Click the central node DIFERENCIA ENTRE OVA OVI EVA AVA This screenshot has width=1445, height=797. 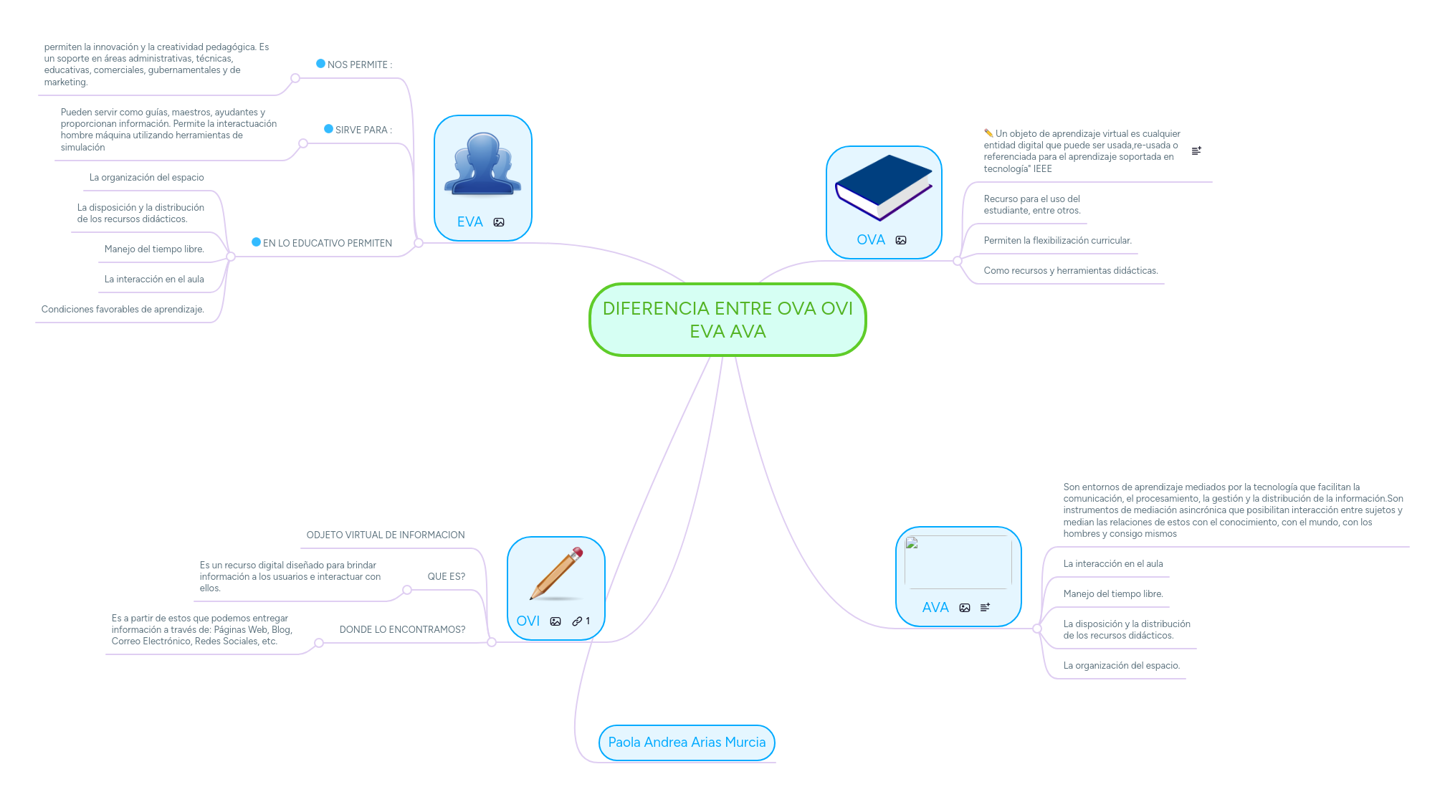[728, 320]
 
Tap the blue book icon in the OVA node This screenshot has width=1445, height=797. [883, 187]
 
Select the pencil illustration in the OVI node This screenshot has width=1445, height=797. [556, 573]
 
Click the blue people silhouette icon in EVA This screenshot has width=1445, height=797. [482, 164]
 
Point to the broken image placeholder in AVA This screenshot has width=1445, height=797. [912, 543]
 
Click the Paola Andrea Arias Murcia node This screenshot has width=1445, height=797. [687, 743]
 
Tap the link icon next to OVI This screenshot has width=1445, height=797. [577, 621]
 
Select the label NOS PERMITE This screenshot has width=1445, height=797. [359, 65]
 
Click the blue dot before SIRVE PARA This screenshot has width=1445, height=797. [328, 129]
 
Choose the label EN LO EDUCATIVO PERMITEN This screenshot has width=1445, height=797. [327, 244]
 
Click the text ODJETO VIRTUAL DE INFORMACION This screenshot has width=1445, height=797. [386, 535]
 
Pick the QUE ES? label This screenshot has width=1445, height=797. [446, 577]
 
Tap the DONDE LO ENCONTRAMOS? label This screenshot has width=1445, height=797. [402, 630]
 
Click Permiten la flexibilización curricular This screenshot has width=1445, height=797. [1057, 241]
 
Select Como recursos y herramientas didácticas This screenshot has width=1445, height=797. [1070, 271]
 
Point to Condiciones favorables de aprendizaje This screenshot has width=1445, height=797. [123, 310]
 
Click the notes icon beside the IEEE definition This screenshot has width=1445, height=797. [1196, 151]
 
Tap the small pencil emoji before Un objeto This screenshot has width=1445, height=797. [988, 133]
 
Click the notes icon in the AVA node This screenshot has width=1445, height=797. [985, 608]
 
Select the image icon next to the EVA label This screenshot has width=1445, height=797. [499, 223]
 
